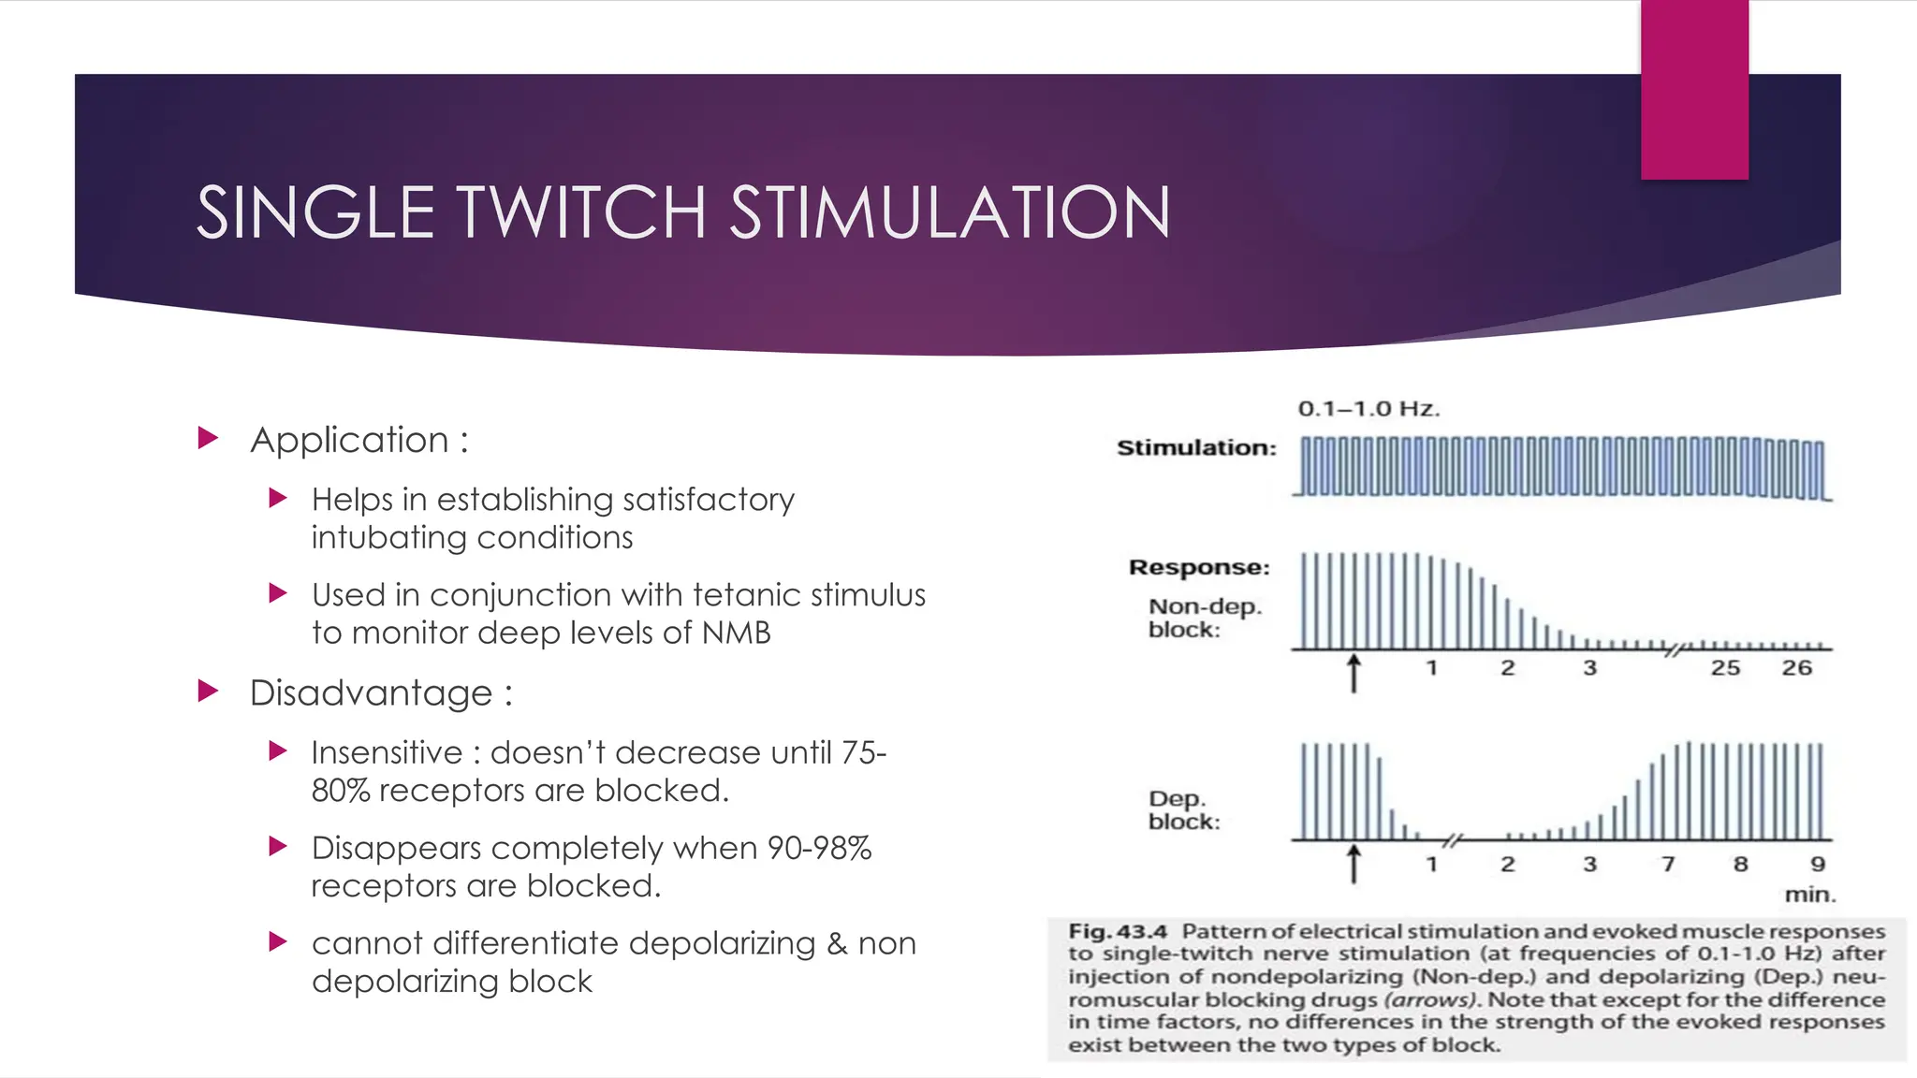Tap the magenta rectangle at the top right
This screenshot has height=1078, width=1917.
click(1694, 89)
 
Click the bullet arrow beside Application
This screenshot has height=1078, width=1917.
click(208, 438)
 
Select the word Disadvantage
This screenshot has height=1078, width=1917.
click(371, 693)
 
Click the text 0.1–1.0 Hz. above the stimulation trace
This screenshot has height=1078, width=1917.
click(1368, 409)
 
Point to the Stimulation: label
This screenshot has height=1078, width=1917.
click(1196, 448)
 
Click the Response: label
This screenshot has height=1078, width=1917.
click(1199, 567)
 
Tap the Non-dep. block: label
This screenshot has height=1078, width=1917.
click(1205, 618)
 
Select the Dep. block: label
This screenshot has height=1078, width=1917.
click(1184, 810)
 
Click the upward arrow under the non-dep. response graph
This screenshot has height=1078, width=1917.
click(1354, 673)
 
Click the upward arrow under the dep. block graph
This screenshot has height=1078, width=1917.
click(1354, 864)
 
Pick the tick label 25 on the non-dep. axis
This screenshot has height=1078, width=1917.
click(1725, 668)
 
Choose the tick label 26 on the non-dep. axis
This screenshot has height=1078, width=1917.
click(1796, 668)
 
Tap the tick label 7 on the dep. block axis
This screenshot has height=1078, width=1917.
click(1668, 864)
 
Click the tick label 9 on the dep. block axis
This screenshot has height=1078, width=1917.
click(1818, 864)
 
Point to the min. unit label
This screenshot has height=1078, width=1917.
click(1810, 895)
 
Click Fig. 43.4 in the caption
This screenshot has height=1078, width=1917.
click(1118, 932)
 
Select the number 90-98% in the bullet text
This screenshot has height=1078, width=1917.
click(819, 848)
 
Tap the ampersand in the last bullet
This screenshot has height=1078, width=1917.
click(837, 943)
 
